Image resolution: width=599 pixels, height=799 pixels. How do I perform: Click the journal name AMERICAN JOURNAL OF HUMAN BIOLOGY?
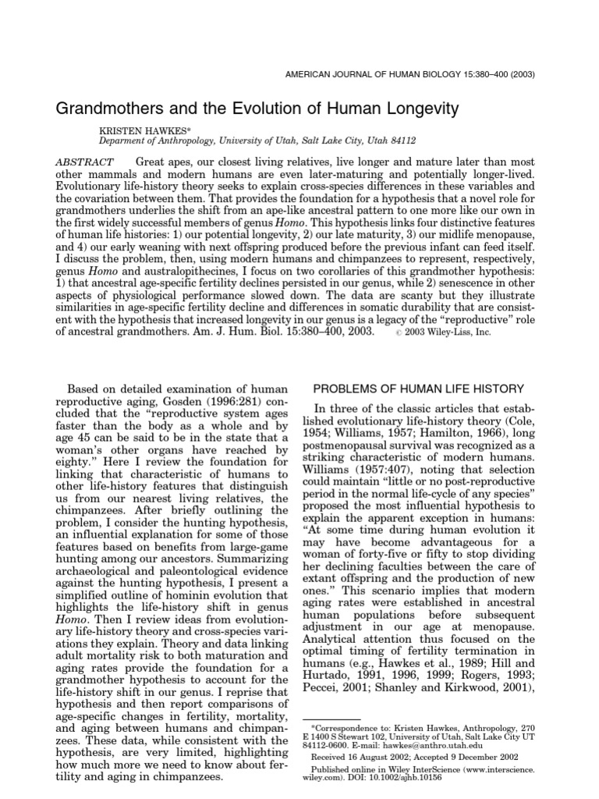[400, 76]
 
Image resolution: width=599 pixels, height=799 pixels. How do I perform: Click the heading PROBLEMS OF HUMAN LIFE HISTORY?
[418, 389]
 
